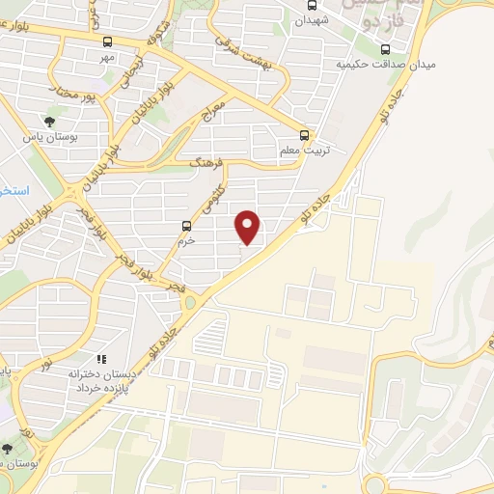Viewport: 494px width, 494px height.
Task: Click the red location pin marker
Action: click(x=249, y=226)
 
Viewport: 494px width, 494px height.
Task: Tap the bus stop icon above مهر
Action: click(x=107, y=41)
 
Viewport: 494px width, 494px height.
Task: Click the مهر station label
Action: click(x=107, y=58)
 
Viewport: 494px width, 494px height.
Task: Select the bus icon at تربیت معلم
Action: click(x=304, y=135)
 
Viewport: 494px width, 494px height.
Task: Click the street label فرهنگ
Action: click(x=206, y=165)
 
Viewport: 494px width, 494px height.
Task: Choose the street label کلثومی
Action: click(x=213, y=197)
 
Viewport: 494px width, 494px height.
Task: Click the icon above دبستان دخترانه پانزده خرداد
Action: click(x=102, y=359)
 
